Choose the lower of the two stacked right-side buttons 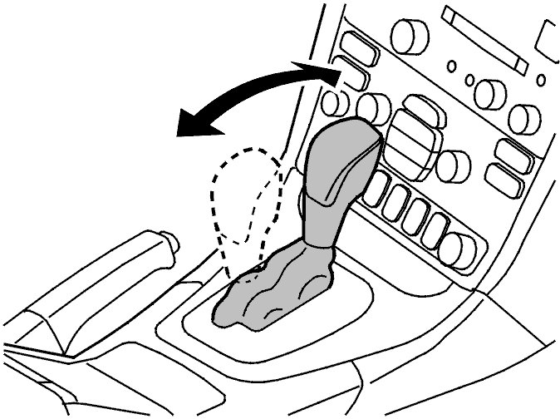(502, 179)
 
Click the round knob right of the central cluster (453, 166)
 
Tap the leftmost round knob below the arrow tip (336, 103)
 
